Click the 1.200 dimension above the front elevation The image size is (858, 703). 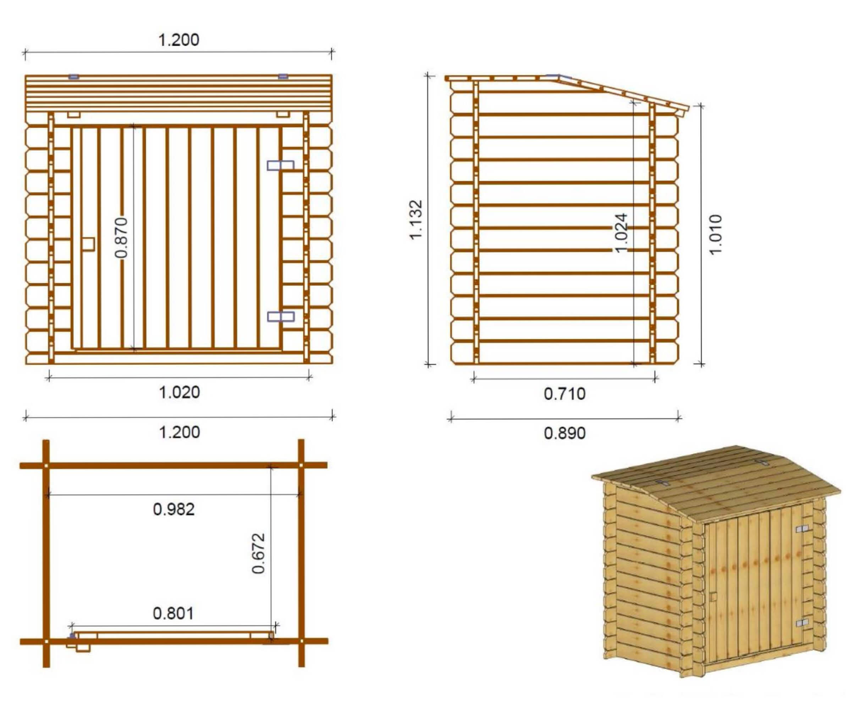[178, 40]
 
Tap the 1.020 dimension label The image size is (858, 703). [179, 392]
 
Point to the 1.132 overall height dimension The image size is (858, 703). [416, 220]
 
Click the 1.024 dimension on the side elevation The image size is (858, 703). [621, 233]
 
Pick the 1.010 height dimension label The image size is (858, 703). [715, 234]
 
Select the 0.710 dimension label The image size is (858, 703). [565, 394]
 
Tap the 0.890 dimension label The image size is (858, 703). [565, 433]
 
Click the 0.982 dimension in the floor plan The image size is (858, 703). [174, 509]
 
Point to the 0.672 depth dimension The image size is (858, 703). [259, 553]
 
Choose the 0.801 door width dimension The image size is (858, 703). [173, 614]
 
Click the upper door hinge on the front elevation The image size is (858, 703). [280, 165]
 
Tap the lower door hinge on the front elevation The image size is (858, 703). [281, 316]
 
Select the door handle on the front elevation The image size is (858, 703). [88, 245]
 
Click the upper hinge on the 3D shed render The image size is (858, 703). [802, 529]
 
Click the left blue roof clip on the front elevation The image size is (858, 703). [73, 77]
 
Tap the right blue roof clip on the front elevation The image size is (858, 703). [283, 76]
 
